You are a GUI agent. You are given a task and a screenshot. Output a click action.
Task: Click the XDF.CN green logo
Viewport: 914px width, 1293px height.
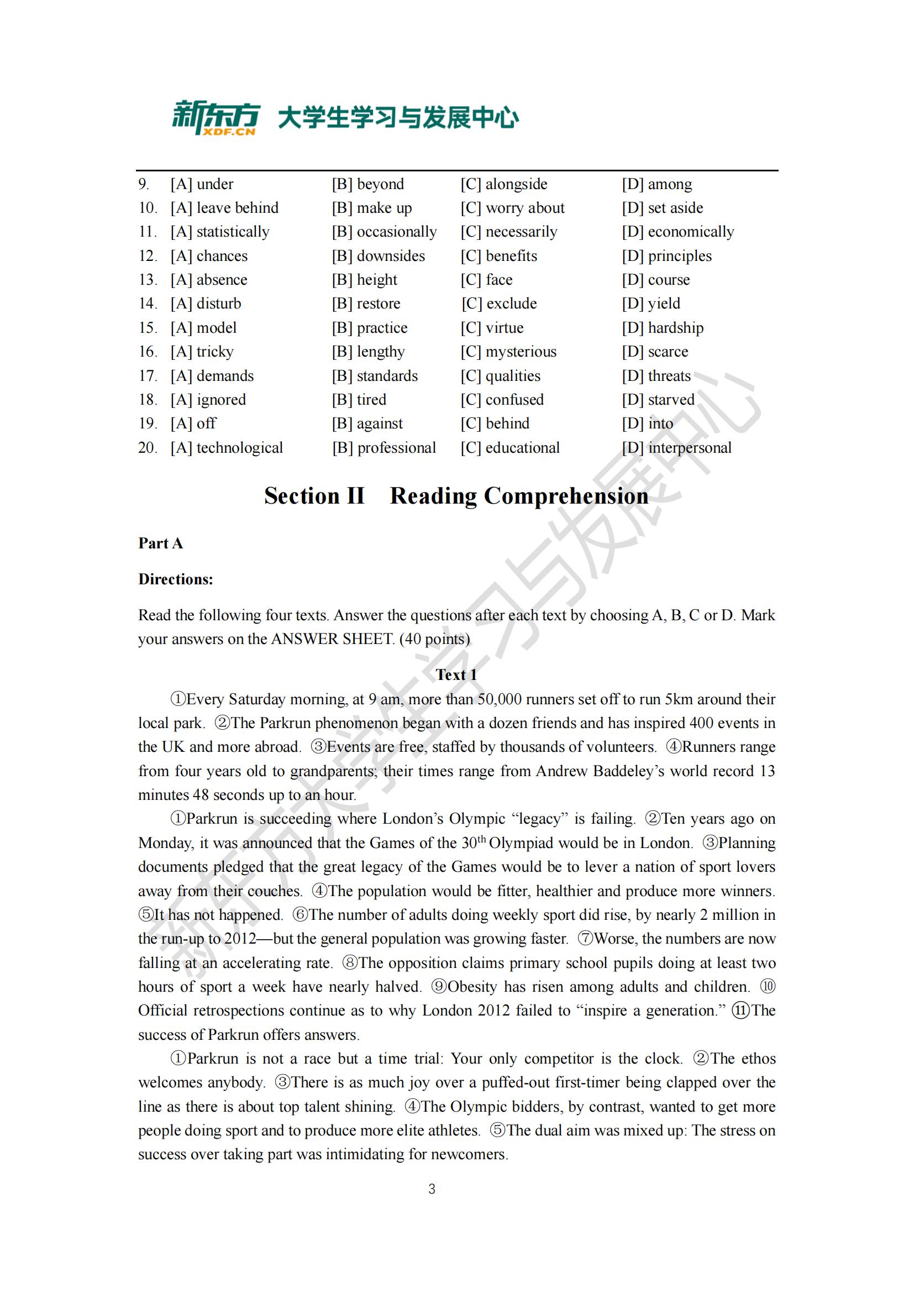click(x=215, y=118)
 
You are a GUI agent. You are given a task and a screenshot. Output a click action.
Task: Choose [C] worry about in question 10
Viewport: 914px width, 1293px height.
click(x=512, y=208)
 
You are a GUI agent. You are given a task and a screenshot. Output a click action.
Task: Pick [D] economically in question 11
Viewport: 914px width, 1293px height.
click(x=677, y=232)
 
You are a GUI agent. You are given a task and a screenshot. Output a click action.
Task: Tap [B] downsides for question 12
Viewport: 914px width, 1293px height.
click(x=378, y=256)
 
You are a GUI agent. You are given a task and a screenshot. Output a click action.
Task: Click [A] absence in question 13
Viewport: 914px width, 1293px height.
click(x=209, y=280)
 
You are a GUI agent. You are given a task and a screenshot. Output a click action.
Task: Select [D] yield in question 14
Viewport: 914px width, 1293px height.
click(x=650, y=303)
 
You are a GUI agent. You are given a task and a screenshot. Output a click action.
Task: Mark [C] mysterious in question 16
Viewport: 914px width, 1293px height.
click(x=508, y=352)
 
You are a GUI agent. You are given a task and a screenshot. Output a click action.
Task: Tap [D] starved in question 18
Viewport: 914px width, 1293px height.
click(x=658, y=399)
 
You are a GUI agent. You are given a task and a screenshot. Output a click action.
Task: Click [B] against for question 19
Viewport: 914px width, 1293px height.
click(x=367, y=423)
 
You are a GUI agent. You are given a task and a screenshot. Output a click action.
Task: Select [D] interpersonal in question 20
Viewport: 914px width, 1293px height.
click(x=676, y=448)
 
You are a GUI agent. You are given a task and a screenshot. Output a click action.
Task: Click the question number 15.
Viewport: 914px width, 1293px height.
click(x=148, y=328)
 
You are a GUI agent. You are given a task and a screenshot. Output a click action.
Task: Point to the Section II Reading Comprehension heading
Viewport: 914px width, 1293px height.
click(x=456, y=496)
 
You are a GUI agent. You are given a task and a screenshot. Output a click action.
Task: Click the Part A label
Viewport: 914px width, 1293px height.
click(x=160, y=543)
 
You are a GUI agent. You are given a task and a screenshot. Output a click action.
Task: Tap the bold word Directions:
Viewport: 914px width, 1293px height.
click(x=176, y=579)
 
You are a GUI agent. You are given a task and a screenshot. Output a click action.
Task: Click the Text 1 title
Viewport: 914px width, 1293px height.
click(x=456, y=674)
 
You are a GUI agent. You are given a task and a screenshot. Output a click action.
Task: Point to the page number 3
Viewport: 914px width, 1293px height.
click(x=432, y=1189)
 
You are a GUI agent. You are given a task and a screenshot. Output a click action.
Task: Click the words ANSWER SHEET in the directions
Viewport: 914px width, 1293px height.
click(x=332, y=639)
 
